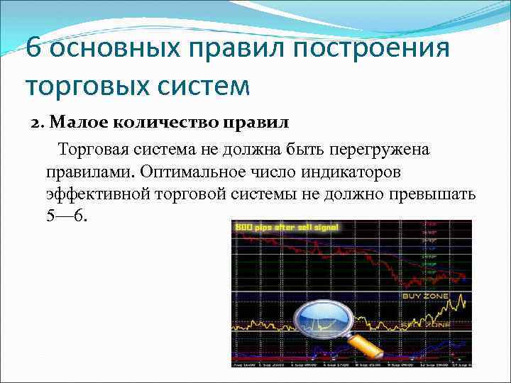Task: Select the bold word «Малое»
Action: pyautogui.click(x=72, y=123)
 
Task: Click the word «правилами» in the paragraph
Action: pyautogui.click(x=90, y=172)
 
